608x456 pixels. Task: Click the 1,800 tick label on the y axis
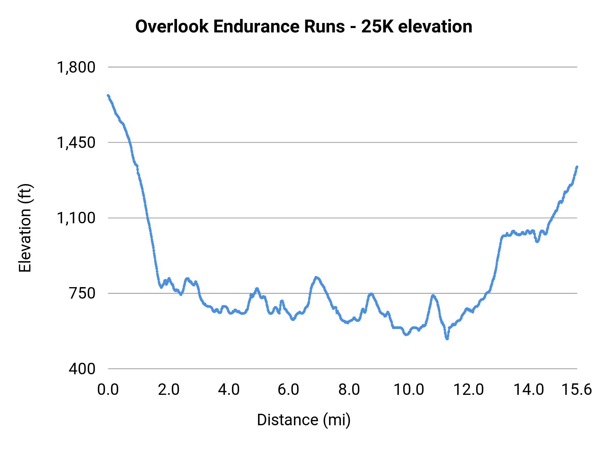76,68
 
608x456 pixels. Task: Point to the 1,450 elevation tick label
76,143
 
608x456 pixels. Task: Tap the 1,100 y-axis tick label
76,218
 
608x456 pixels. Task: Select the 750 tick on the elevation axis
82,294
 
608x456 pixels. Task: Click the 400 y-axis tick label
82,369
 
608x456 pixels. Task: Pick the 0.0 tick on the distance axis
108,390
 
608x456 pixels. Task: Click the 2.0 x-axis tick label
169,390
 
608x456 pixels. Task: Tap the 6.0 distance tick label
289,390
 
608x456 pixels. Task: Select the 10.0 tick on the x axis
409,390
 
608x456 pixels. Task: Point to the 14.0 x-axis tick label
529,390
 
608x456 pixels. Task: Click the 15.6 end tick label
577,390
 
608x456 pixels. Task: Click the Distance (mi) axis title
304,420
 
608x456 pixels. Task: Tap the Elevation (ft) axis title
25,228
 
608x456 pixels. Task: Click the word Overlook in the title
172,27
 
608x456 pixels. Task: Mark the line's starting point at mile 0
108,96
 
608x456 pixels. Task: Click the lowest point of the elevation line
447,338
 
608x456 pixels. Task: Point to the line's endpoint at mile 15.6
577,167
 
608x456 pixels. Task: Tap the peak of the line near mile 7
316,277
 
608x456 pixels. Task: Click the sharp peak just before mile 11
433,296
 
